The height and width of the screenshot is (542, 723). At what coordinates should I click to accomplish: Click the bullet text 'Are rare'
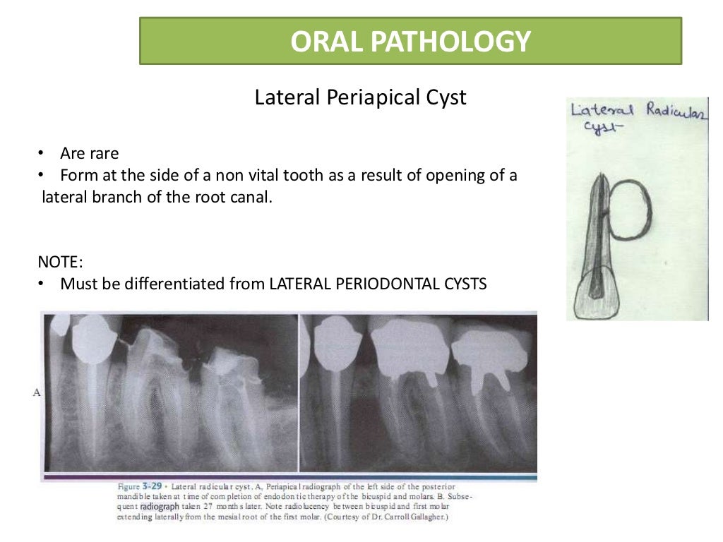(90, 154)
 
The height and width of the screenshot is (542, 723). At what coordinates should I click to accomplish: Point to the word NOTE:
(61, 262)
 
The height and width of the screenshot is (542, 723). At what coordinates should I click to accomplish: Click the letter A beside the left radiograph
(36, 392)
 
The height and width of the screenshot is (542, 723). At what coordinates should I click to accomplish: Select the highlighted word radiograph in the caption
(160, 507)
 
